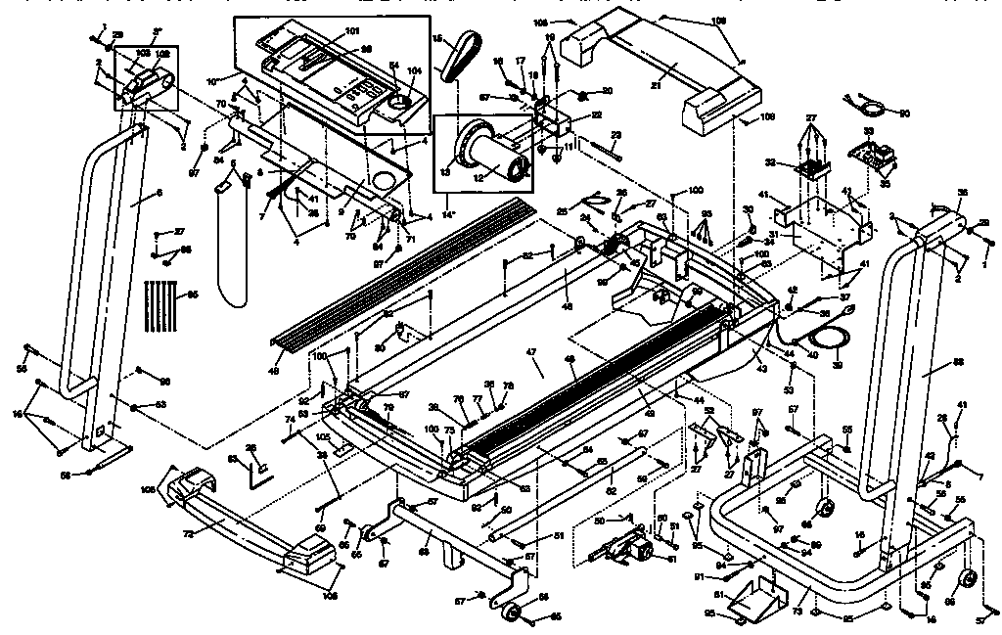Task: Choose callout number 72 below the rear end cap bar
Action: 185,533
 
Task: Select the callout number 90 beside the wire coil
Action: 903,114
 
